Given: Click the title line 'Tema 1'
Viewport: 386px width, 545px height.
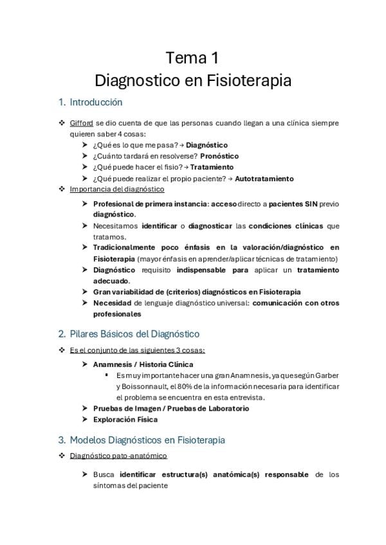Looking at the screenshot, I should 192,59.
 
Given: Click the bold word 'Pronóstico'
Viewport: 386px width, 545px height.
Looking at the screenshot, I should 219,156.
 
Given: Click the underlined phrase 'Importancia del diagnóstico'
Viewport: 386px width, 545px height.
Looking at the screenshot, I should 117,190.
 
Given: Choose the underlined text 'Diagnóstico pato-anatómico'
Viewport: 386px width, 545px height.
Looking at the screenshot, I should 118,456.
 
